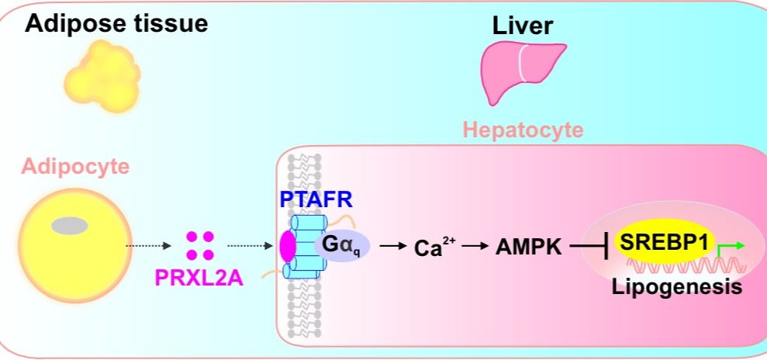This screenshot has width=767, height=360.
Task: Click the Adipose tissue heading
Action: [x=116, y=23]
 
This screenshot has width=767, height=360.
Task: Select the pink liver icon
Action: [x=516, y=72]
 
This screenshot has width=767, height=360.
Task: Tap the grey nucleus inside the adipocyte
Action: [x=70, y=225]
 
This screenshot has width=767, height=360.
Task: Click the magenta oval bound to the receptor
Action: [x=288, y=245]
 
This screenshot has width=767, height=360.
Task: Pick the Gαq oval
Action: [x=344, y=246]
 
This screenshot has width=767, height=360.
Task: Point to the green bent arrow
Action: [x=730, y=247]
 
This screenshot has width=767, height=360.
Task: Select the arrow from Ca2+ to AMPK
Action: [x=476, y=247]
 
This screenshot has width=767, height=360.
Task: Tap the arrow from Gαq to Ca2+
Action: [x=396, y=247]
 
